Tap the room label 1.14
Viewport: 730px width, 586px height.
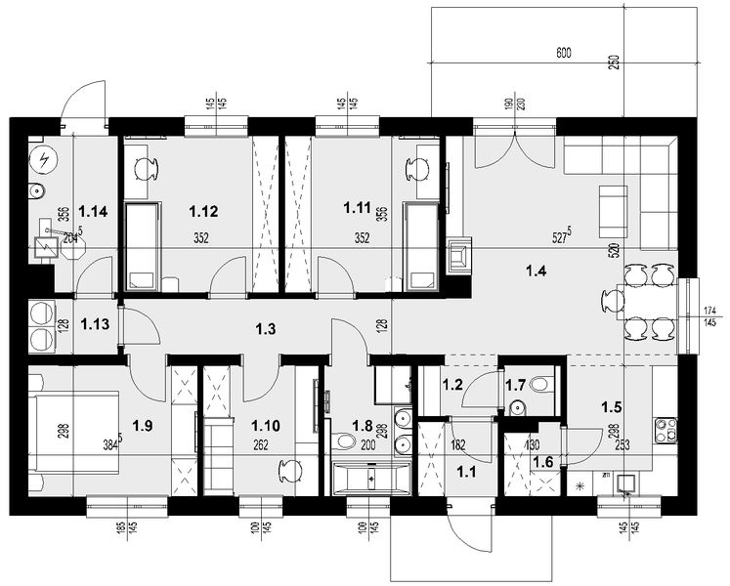tap(95, 210)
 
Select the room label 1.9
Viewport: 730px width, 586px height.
tap(143, 425)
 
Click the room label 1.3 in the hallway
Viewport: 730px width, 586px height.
tap(265, 329)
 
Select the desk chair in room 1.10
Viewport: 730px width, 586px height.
tap(285, 471)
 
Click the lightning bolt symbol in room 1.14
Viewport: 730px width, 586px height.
tap(44, 159)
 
